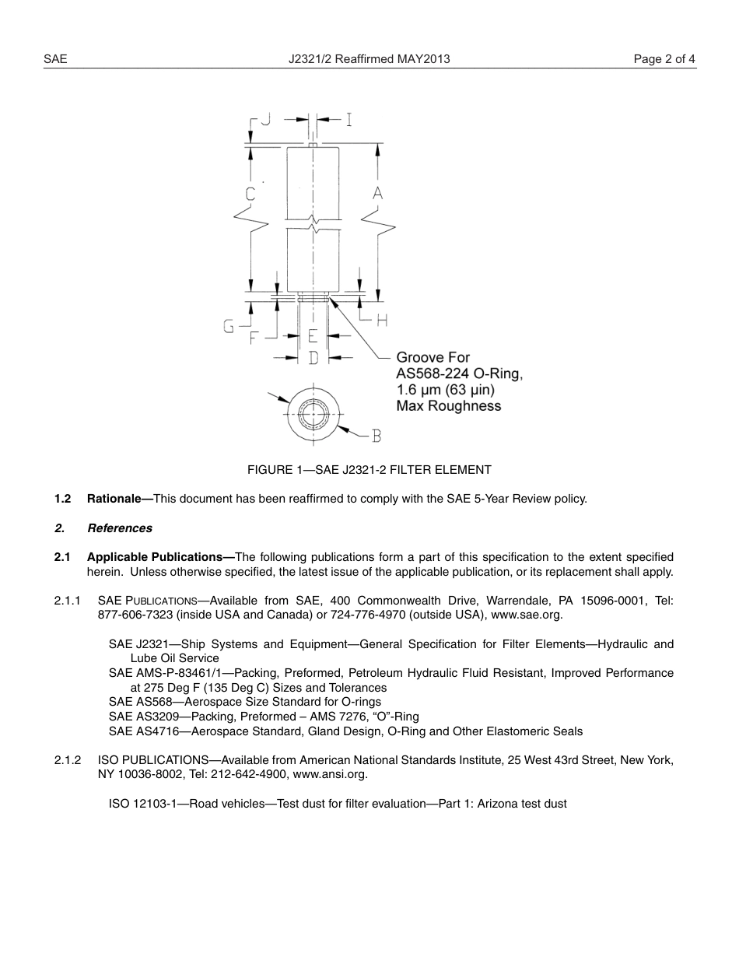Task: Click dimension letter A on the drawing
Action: click(x=377, y=193)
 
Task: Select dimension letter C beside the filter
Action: click(x=250, y=195)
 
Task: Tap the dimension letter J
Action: click(x=265, y=119)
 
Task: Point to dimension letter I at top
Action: click(x=348, y=119)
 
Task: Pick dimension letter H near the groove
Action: click(x=382, y=320)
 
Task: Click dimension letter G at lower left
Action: click(x=229, y=327)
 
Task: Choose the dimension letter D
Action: click(x=313, y=358)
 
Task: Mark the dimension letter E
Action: click(x=313, y=336)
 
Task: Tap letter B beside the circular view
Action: click(x=377, y=436)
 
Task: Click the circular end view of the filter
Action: click(x=313, y=412)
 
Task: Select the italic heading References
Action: click(x=120, y=528)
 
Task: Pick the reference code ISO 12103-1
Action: click(x=144, y=804)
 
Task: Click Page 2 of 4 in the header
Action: click(x=664, y=59)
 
